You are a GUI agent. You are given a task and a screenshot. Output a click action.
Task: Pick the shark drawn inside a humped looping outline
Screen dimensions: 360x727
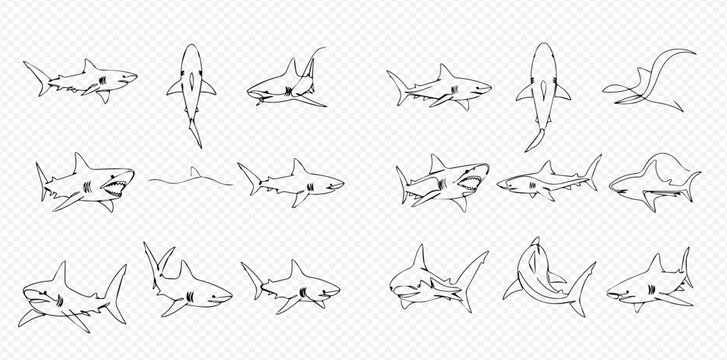tap(654, 182)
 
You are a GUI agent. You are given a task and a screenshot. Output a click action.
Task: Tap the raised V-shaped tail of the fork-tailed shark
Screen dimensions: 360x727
tap(155, 256)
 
